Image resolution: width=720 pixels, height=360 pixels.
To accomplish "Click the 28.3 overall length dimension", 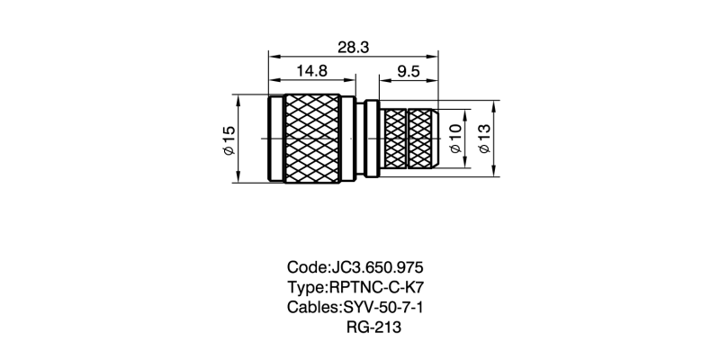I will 353,48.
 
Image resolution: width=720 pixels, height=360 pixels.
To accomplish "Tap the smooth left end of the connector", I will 274,139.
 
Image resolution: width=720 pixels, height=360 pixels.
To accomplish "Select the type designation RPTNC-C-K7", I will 375,288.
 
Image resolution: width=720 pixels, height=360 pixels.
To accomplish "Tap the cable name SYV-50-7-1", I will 383,308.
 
